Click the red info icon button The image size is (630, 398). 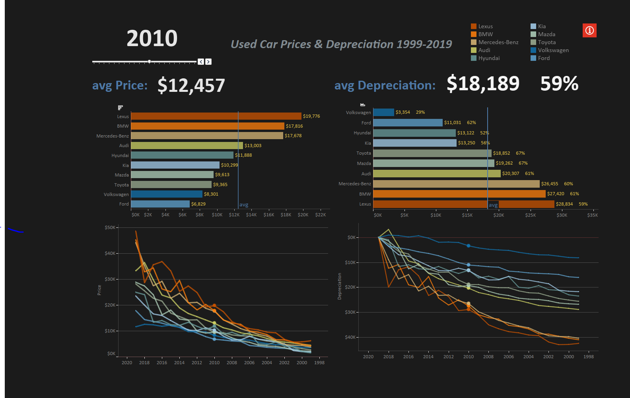click(x=589, y=31)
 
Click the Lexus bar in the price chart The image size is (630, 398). click(x=216, y=116)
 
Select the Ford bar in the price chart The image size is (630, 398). click(x=160, y=204)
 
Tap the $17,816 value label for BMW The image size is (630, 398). click(x=294, y=126)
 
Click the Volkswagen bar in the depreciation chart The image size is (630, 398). click(x=383, y=113)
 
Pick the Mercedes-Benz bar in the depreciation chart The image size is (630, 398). click(x=456, y=184)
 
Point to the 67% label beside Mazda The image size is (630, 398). click(x=523, y=163)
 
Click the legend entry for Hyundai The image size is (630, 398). click(x=489, y=58)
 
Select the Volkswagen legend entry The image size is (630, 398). click(x=553, y=50)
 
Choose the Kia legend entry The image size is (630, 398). click(x=541, y=26)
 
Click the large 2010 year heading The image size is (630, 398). click(x=152, y=39)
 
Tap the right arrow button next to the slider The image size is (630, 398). click(x=208, y=62)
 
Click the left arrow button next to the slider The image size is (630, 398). click(x=201, y=62)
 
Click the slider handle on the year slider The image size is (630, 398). click(x=149, y=62)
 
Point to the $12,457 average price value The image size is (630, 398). click(x=191, y=85)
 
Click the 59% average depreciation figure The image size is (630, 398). click(x=559, y=84)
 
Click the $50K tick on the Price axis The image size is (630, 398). click(x=110, y=227)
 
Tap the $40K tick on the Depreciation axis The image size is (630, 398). click(x=350, y=337)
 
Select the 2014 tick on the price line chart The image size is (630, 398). click(x=179, y=363)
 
